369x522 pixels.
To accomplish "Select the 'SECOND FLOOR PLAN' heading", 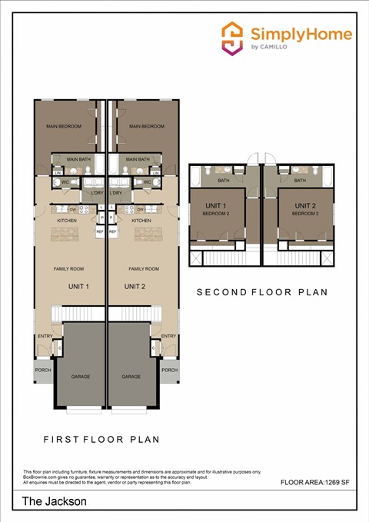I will (x=262, y=292).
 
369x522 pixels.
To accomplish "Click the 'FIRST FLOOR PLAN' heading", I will (x=101, y=440).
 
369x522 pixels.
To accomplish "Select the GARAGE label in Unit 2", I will (x=131, y=377).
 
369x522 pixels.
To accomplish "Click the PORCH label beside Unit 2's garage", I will (x=169, y=370).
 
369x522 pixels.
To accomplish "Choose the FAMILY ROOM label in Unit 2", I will (x=144, y=269).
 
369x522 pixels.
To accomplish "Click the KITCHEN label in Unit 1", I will (x=67, y=221).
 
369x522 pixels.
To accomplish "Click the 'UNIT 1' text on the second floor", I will (x=215, y=205).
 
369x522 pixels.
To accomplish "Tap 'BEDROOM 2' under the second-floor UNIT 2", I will (x=304, y=214).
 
